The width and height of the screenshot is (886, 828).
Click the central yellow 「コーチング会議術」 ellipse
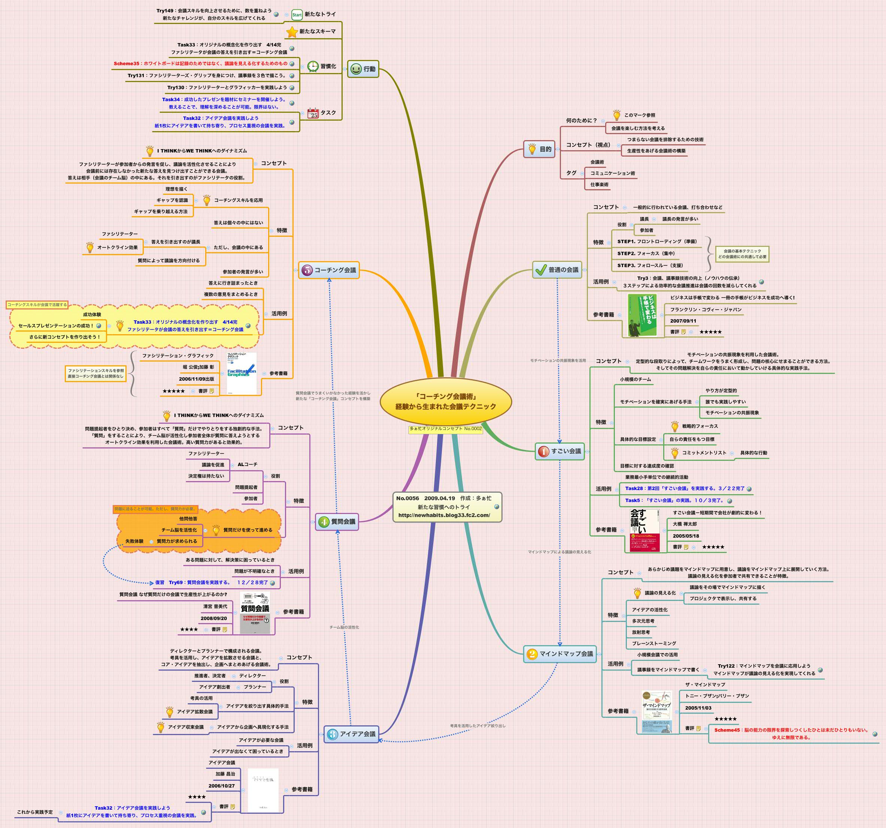click(445, 401)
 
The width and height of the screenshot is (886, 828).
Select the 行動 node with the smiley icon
click(363, 69)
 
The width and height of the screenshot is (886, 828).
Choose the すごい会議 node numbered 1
click(560, 451)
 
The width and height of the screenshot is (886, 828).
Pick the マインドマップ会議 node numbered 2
click(560, 654)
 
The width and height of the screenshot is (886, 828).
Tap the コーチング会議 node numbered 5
click(329, 270)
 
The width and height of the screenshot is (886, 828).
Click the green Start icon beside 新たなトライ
click(297, 15)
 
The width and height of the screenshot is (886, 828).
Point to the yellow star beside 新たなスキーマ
click(292, 31)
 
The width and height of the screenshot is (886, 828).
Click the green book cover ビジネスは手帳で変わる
click(642, 315)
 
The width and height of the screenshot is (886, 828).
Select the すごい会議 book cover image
click(644, 530)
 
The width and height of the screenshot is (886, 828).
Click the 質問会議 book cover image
click(255, 612)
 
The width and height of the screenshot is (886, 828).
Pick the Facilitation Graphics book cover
click(242, 373)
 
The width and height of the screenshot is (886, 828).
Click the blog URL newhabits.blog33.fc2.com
click(444, 515)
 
